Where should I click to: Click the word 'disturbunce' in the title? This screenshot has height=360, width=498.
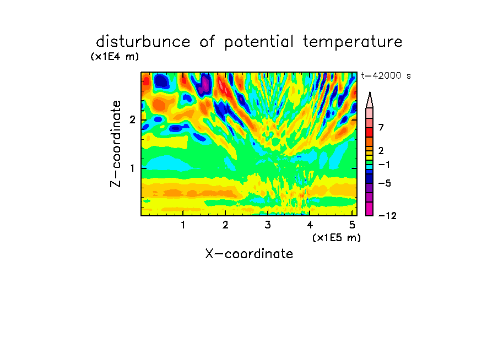pyautogui.click(x=143, y=42)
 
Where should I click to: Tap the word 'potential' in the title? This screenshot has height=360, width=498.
pyautogui.click(x=259, y=42)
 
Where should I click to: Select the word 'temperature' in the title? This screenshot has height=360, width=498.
pyautogui.click(x=353, y=42)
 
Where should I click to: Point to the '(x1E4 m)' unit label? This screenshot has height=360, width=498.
pyautogui.click(x=115, y=57)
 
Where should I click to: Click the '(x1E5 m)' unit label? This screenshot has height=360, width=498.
pyautogui.click(x=337, y=237)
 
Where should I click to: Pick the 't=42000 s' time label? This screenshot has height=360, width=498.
pyautogui.click(x=386, y=76)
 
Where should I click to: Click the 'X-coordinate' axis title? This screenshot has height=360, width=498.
pyautogui.click(x=249, y=254)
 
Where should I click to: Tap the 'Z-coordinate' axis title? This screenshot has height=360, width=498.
pyautogui.click(x=116, y=144)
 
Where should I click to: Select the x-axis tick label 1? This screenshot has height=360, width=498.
pyautogui.click(x=183, y=225)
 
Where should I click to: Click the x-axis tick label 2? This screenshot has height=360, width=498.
pyautogui.click(x=225, y=225)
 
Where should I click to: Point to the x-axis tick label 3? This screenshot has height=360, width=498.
pyautogui.click(x=268, y=225)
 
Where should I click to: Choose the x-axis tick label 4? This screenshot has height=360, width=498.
pyautogui.click(x=310, y=225)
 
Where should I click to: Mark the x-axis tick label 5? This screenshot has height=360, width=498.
pyautogui.click(x=352, y=225)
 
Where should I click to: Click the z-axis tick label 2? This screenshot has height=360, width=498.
pyautogui.click(x=132, y=120)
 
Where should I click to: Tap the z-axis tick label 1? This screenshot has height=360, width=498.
pyautogui.click(x=133, y=168)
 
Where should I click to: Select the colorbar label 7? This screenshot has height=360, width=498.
pyautogui.click(x=381, y=128)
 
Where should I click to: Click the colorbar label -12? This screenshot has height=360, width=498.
pyautogui.click(x=387, y=216)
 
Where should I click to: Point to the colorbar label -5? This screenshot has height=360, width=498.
pyautogui.click(x=385, y=183)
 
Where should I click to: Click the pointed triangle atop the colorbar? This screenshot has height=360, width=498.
pyautogui.click(x=370, y=101)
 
